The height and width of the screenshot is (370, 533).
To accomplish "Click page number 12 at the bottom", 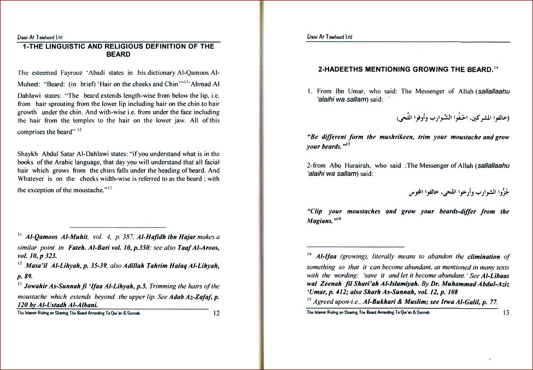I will [216, 313].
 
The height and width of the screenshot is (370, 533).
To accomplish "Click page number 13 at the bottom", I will [506, 313].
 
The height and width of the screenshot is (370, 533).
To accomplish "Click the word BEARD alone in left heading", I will [118, 54].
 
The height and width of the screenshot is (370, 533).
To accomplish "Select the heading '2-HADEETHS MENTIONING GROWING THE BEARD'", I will [405, 70].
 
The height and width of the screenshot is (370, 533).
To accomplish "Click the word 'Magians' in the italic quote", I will [320, 221].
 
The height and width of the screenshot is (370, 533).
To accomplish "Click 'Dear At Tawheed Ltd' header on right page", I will [330, 37].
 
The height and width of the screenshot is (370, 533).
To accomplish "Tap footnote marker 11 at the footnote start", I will [19, 236].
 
